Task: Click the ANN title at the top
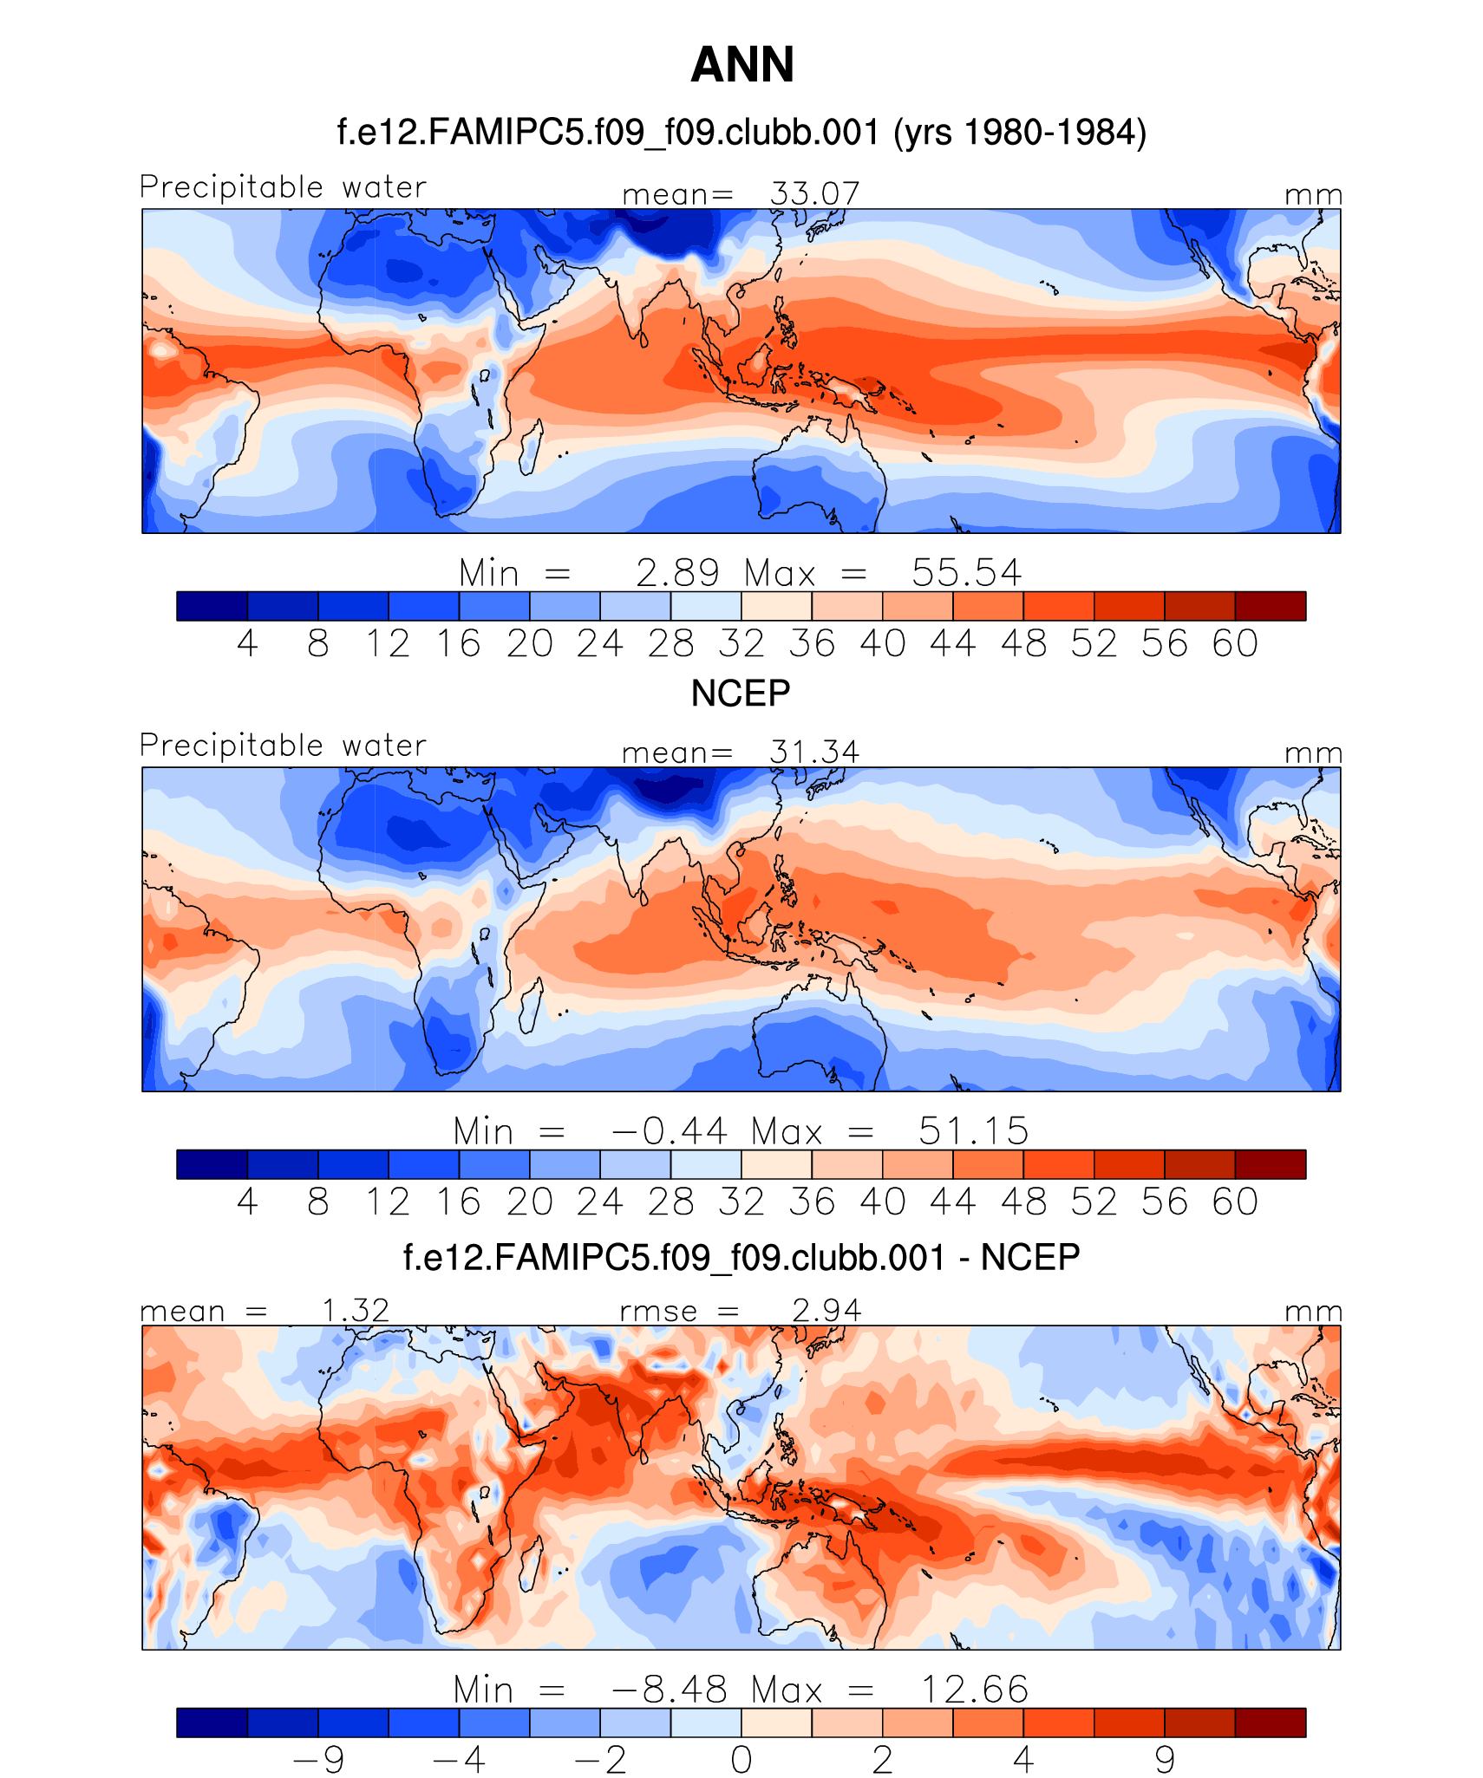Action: coord(741,65)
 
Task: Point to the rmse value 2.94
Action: coord(826,1310)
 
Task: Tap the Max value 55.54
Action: coord(966,573)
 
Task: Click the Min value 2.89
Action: coord(677,573)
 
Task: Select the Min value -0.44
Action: coord(669,1131)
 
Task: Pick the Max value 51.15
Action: coord(973,1131)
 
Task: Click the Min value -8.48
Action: coord(669,1690)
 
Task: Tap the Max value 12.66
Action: coord(973,1690)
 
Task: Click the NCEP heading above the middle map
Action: coord(741,694)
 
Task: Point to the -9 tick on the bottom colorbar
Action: coord(318,1760)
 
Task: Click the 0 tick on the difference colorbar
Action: coord(741,1760)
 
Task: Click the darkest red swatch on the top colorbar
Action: coord(1270,606)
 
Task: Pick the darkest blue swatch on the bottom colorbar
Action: coord(212,1723)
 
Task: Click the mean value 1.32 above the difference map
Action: coord(355,1310)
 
